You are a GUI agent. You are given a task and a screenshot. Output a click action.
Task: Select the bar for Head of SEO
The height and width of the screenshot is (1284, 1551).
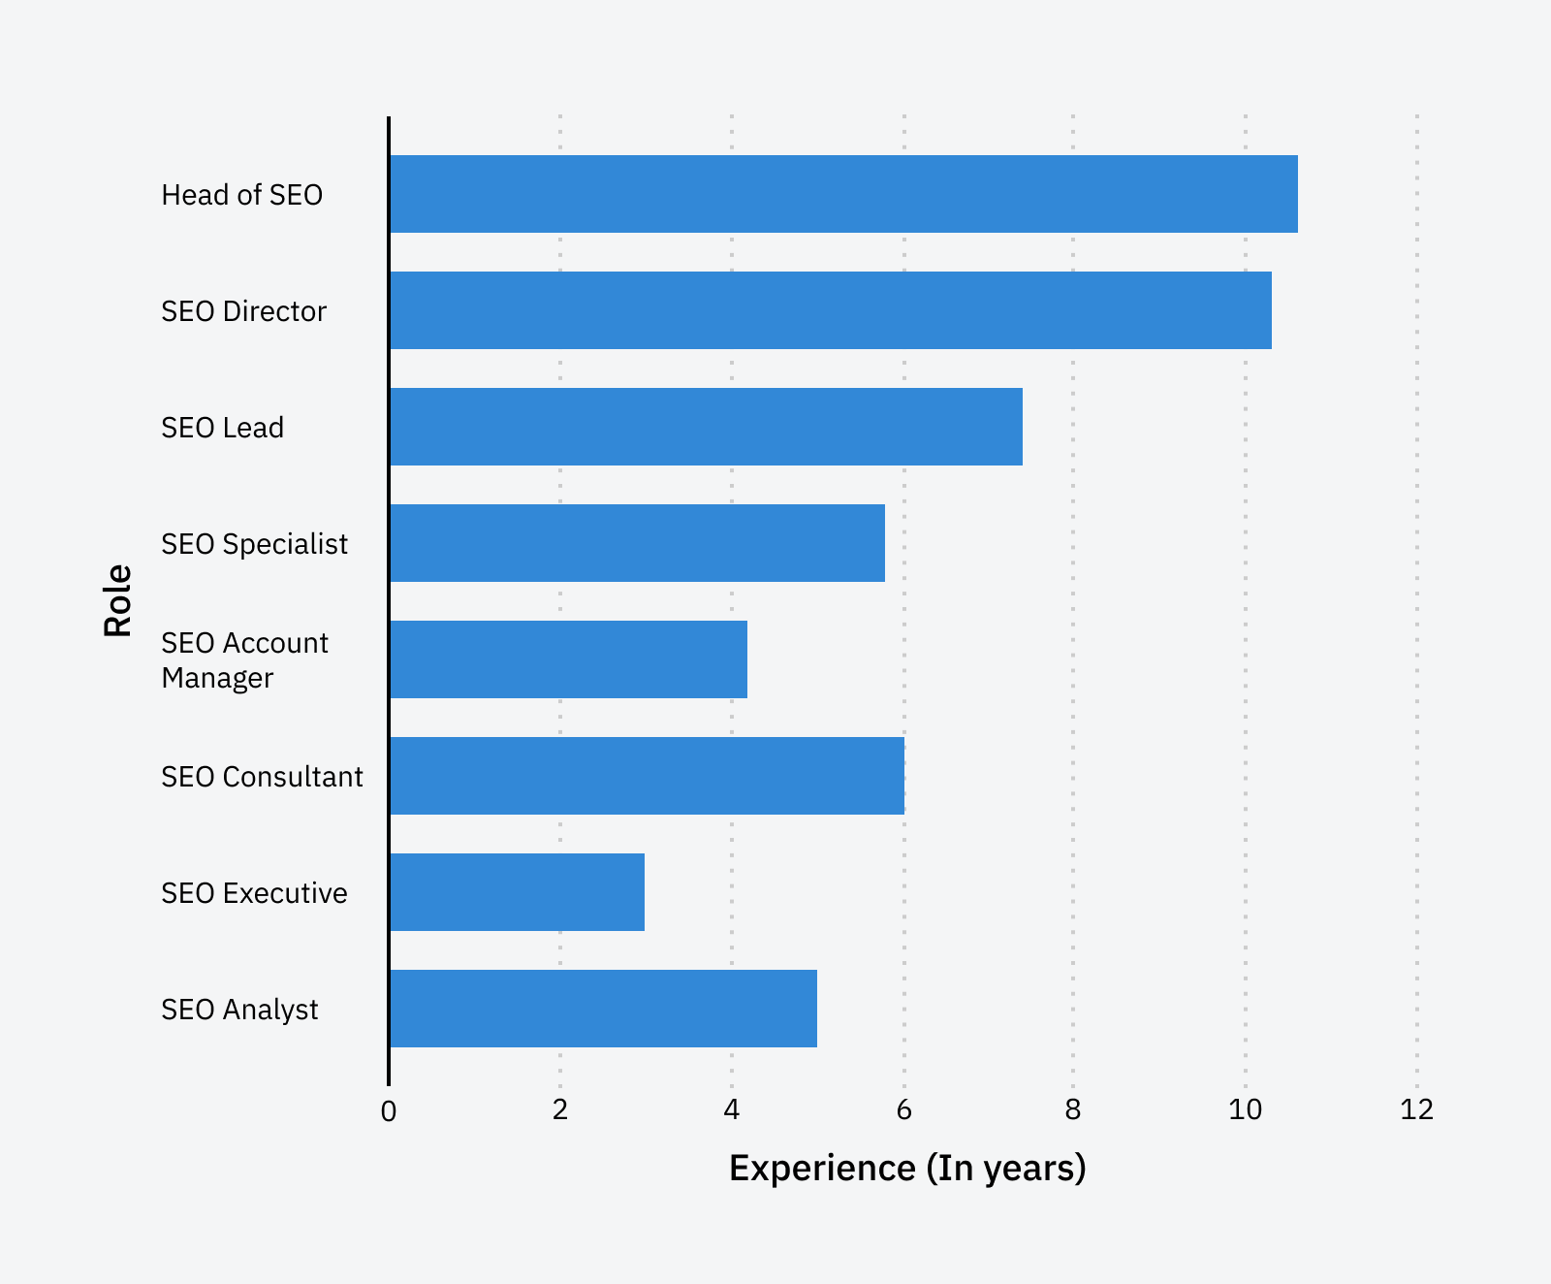tap(843, 194)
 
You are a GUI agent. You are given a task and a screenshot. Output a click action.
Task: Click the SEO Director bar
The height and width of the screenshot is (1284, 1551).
tap(830, 310)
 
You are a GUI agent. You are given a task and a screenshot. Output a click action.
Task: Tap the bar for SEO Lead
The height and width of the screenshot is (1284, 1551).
tap(706, 427)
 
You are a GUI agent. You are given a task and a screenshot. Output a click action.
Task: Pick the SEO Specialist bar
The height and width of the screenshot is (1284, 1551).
tap(637, 543)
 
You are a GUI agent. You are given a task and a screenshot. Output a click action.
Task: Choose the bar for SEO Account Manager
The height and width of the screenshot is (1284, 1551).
tap(568, 659)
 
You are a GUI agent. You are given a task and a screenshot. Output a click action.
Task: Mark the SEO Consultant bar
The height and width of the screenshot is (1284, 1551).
tap(647, 776)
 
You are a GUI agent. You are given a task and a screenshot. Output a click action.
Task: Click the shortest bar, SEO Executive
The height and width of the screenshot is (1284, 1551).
tap(517, 892)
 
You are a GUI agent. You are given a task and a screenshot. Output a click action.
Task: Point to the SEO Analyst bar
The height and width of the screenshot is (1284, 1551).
tap(603, 1009)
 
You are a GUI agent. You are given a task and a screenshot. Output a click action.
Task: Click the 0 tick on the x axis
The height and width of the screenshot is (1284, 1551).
tap(389, 1111)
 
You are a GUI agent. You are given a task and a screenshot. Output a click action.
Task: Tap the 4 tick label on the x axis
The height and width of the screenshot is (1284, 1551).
tap(732, 1109)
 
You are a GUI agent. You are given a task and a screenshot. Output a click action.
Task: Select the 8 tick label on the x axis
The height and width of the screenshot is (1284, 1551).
tap(1072, 1109)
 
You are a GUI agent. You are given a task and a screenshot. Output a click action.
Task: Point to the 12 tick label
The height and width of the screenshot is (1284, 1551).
tap(1416, 1109)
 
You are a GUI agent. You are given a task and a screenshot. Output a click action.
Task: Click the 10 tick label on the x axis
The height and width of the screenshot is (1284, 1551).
tap(1245, 1109)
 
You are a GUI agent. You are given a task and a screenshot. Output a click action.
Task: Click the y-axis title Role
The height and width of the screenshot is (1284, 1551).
tap(118, 600)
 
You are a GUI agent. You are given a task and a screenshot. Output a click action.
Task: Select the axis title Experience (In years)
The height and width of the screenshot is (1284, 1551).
tap(906, 1169)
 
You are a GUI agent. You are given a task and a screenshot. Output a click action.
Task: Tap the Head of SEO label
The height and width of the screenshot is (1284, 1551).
tap(241, 195)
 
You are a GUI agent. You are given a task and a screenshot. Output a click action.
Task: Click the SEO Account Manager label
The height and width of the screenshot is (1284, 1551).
tap(244, 660)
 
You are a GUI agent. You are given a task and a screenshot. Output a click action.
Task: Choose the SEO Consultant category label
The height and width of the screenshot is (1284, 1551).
tap(262, 777)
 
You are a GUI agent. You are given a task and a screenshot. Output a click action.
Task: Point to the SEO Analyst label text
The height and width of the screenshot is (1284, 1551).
tap(239, 1010)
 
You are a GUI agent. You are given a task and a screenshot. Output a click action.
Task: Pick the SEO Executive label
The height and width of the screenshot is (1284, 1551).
tap(254, 893)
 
